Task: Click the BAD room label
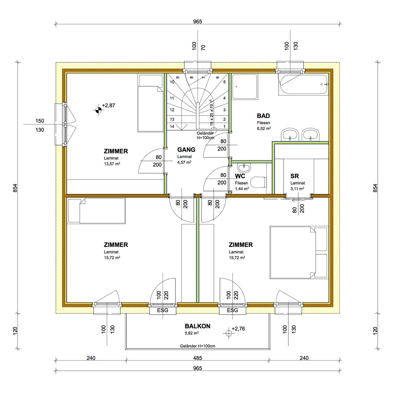click(x=263, y=116)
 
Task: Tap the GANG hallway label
click(x=186, y=150)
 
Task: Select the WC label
click(x=240, y=176)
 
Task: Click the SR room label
click(x=295, y=176)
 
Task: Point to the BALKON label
click(x=197, y=326)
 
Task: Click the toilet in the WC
click(x=259, y=182)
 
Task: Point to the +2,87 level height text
click(x=108, y=105)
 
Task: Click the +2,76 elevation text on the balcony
click(x=238, y=329)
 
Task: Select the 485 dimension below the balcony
click(x=197, y=358)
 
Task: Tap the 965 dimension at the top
click(x=197, y=21)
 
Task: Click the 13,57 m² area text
click(x=112, y=164)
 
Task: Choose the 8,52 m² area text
click(x=264, y=128)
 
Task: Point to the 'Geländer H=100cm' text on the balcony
click(x=197, y=346)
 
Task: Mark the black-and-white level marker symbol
click(x=98, y=110)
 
